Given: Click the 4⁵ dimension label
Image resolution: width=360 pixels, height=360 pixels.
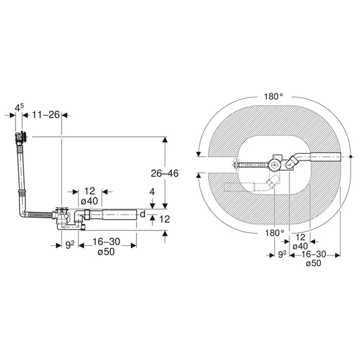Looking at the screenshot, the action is click(19, 107).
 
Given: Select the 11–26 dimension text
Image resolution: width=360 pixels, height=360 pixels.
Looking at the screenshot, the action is click(46, 115).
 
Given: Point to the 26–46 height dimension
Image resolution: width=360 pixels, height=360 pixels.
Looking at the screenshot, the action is click(165, 173).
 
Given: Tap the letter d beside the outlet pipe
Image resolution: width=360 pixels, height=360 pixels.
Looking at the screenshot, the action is click(142, 214).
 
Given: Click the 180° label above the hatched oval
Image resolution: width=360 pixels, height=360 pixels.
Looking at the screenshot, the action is click(273, 97).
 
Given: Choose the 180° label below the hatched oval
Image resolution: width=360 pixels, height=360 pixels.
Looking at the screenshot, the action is click(275, 233).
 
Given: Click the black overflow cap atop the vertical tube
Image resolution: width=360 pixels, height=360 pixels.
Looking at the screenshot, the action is click(21, 136).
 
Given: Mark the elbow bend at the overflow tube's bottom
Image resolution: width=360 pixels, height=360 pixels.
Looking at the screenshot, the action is click(23, 214).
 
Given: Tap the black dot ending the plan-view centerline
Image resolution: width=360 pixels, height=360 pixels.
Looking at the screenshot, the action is click(351, 156).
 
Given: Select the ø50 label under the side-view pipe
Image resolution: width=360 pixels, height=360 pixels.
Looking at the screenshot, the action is click(106, 252).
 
